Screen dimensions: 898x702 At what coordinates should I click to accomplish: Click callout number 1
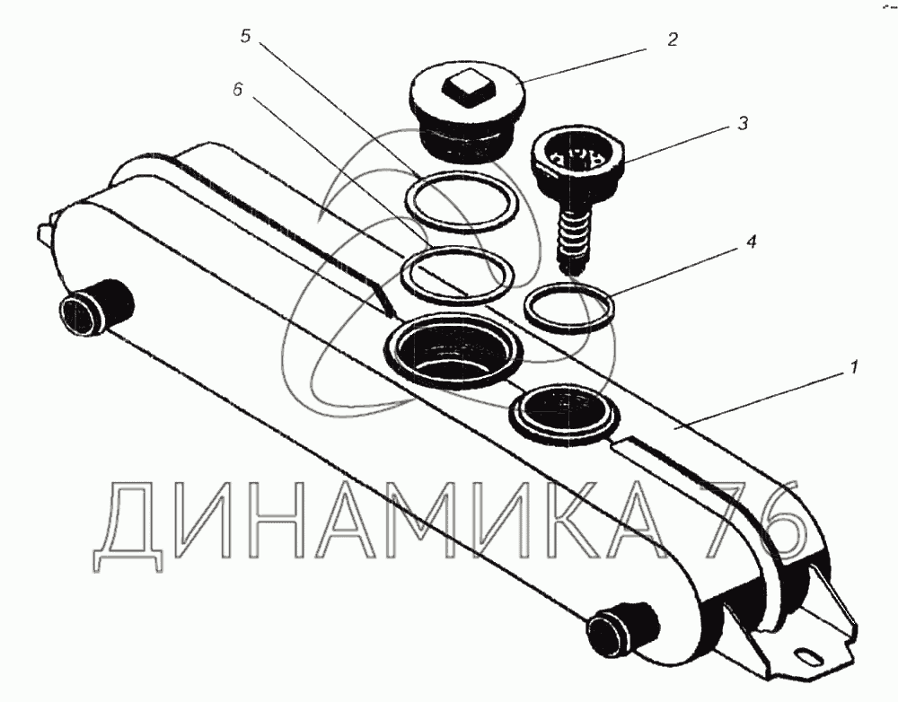coord(853,367)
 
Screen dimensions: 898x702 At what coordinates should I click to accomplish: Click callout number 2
coord(672,39)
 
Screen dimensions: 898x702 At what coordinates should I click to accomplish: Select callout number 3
coord(743,123)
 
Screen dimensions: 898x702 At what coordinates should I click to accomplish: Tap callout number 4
coord(752,241)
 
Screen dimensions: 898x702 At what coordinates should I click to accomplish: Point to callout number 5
coord(245,36)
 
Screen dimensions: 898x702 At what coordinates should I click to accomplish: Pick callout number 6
coord(238,91)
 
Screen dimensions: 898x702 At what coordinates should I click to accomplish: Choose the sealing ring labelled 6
coord(401,274)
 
